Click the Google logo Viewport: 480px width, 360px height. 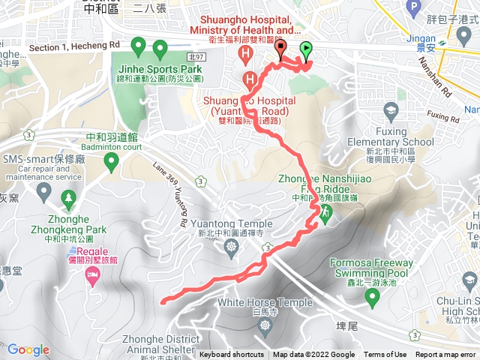(28, 349)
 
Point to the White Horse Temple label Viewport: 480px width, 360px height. (264, 302)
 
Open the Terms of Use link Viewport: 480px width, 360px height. (385, 355)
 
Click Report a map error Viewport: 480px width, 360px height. (446, 355)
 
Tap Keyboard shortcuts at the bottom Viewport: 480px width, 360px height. (232, 355)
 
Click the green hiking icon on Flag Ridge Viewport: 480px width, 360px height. (326, 212)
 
